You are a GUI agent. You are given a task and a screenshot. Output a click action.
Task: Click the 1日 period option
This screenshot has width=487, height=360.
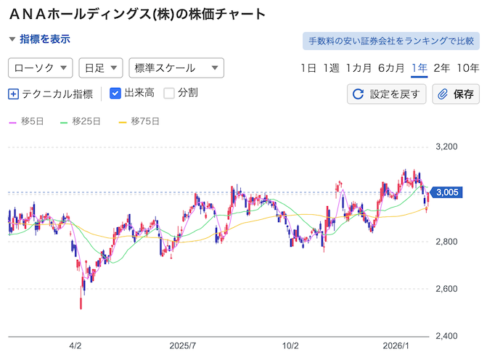click(308, 68)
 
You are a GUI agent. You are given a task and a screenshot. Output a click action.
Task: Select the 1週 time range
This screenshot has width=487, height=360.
click(331, 68)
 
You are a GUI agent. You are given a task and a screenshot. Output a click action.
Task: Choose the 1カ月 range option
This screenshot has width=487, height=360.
click(359, 68)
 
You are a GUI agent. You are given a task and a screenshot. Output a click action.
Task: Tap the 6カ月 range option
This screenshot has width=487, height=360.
click(390, 68)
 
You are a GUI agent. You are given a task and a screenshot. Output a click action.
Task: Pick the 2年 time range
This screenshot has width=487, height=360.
click(441, 68)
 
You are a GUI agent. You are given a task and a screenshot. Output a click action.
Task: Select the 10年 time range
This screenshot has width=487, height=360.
click(468, 68)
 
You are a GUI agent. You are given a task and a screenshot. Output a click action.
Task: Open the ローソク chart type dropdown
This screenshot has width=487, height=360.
click(40, 68)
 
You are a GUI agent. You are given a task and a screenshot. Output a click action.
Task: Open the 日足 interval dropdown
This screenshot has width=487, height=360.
click(101, 68)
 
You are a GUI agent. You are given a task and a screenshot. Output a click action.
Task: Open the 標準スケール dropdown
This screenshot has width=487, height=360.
click(176, 68)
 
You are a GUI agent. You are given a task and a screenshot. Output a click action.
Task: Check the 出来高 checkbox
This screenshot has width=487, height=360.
click(115, 93)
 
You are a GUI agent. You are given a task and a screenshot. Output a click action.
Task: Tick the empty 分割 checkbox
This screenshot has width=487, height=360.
click(169, 93)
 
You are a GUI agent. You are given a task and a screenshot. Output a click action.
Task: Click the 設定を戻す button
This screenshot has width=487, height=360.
click(387, 94)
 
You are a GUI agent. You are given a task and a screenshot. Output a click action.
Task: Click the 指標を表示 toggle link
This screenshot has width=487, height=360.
click(40, 39)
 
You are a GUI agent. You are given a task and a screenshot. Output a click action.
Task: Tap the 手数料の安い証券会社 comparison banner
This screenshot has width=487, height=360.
click(391, 41)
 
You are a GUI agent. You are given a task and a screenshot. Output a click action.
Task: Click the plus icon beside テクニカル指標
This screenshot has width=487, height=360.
click(14, 94)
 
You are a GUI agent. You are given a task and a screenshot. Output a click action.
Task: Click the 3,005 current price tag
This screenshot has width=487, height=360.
click(446, 192)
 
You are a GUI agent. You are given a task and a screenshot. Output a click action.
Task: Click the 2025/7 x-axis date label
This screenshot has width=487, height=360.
click(184, 347)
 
